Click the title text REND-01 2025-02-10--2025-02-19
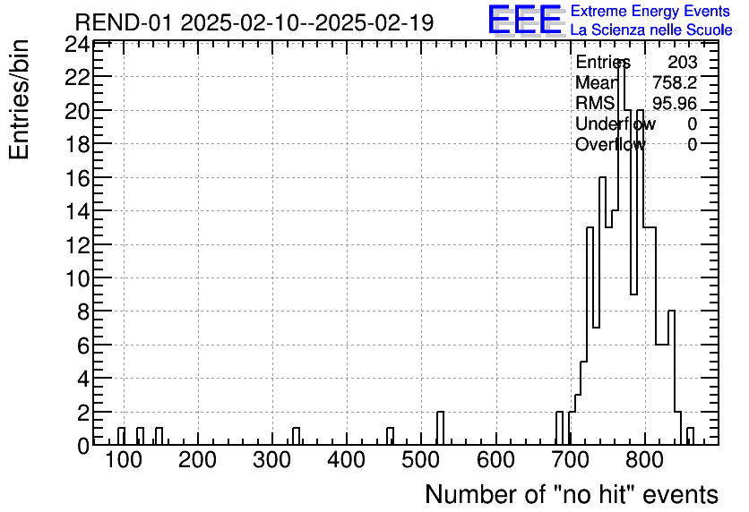coord(254,23)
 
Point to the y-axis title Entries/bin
coord(20,99)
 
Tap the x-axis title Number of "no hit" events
coord(571,494)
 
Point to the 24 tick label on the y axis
coord(76,44)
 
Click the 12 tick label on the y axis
coord(76,244)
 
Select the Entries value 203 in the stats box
coord(682,63)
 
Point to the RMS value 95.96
coord(675,104)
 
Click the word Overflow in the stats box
coord(609,144)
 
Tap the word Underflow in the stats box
coord(615,124)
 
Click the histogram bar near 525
coord(440,428)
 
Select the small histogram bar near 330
coord(296,436)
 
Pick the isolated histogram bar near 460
coord(390,436)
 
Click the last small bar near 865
coord(690,436)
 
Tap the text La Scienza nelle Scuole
coord(650,30)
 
